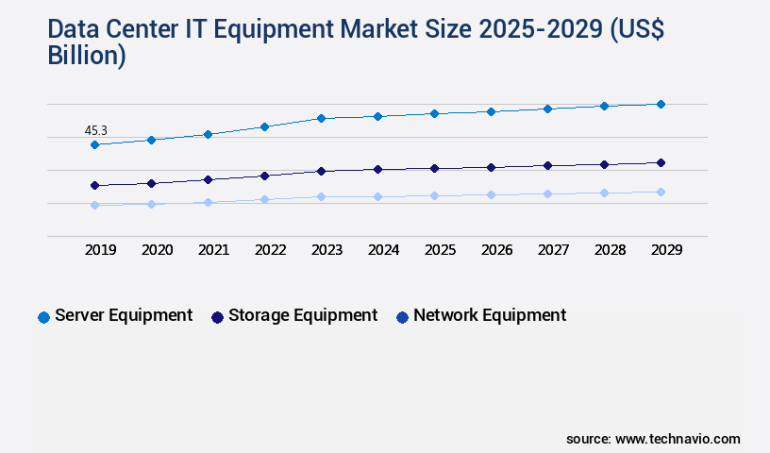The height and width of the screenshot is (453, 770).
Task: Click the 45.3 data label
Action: pyautogui.click(x=95, y=129)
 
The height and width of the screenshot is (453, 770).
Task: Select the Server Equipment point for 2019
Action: pyautogui.click(x=94, y=144)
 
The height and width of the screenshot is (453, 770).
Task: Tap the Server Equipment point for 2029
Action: pyautogui.click(x=661, y=104)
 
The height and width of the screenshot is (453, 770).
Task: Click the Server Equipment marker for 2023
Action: pyautogui.click(x=321, y=118)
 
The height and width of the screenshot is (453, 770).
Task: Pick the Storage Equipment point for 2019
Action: pyautogui.click(x=94, y=185)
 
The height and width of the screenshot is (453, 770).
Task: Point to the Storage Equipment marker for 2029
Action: pyautogui.click(x=661, y=162)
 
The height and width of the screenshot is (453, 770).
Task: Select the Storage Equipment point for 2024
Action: pyautogui.click(x=377, y=169)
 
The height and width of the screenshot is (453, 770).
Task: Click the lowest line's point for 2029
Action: pyautogui.click(x=661, y=192)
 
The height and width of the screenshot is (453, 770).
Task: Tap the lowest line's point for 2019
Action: pyautogui.click(x=94, y=205)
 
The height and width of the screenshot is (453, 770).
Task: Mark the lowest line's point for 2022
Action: pyautogui.click(x=264, y=199)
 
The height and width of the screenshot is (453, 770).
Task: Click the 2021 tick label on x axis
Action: pyautogui.click(x=213, y=250)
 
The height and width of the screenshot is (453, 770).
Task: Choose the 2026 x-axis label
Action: pyautogui.click(x=496, y=250)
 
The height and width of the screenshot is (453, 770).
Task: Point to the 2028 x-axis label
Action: pyautogui.click(x=610, y=250)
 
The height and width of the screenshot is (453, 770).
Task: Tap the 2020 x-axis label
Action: pyautogui.click(x=157, y=250)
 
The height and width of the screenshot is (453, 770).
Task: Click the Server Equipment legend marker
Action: pyautogui.click(x=43, y=317)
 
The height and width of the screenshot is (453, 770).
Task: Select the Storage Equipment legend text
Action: pyautogui.click(x=303, y=315)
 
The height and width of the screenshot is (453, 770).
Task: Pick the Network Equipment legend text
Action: pyautogui.click(x=490, y=315)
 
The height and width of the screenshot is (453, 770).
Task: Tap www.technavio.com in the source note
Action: pyautogui.click(x=678, y=439)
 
